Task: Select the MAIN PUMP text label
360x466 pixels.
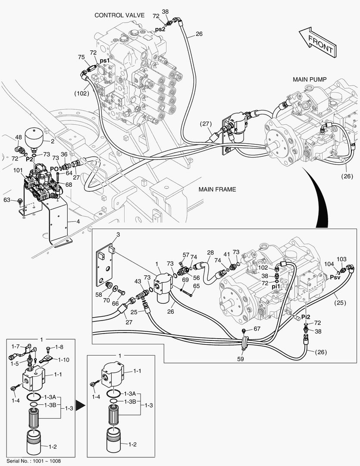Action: pyautogui.click(x=310, y=79)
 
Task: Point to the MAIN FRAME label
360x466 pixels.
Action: pyautogui.click(x=217, y=189)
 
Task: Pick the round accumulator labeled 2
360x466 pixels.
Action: pyautogui.click(x=33, y=137)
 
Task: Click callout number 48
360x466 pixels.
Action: pyautogui.click(x=18, y=138)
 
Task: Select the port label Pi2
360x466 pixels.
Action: pyautogui.click(x=306, y=317)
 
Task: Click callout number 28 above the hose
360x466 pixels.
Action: pyautogui.click(x=210, y=252)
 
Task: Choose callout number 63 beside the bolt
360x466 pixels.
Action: pyautogui.click(x=7, y=200)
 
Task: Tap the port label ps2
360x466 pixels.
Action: pyautogui.click(x=160, y=29)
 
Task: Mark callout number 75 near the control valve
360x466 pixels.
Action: pyautogui.click(x=81, y=57)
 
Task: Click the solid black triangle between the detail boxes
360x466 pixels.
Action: pyautogui.click(x=79, y=405)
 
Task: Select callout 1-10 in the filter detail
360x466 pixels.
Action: pyautogui.click(x=63, y=359)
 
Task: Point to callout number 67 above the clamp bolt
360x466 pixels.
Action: pyautogui.click(x=257, y=329)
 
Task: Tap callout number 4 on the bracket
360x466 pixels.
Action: pyautogui.click(x=78, y=222)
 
